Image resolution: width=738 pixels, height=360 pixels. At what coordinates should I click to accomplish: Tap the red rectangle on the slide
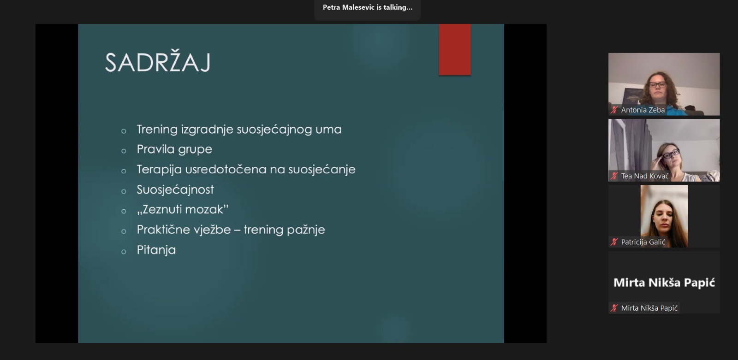(455, 49)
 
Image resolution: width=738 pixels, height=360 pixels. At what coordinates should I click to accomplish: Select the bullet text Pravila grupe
(174, 149)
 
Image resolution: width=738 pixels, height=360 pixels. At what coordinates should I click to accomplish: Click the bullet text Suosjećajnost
(175, 190)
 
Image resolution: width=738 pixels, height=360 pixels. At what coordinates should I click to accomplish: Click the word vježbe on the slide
(212, 230)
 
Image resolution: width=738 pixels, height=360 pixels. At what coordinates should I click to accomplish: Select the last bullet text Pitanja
(156, 250)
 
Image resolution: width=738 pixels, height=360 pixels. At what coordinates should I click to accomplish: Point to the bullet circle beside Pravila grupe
(124, 151)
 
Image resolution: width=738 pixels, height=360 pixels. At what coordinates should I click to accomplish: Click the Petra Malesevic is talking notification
(367, 7)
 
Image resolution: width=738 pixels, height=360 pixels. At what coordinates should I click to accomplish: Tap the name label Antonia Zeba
(643, 110)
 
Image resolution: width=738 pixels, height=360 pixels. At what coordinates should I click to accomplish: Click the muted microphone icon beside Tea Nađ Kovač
(614, 176)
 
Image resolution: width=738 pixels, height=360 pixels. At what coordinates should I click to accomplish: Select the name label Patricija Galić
(643, 242)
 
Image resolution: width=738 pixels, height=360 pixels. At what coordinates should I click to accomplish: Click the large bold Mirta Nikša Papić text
(664, 283)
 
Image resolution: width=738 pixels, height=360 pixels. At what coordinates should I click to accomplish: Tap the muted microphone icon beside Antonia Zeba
(614, 110)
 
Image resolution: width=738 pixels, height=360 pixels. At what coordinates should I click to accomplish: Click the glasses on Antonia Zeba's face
(658, 85)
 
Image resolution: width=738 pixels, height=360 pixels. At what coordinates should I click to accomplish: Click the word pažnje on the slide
(306, 230)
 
